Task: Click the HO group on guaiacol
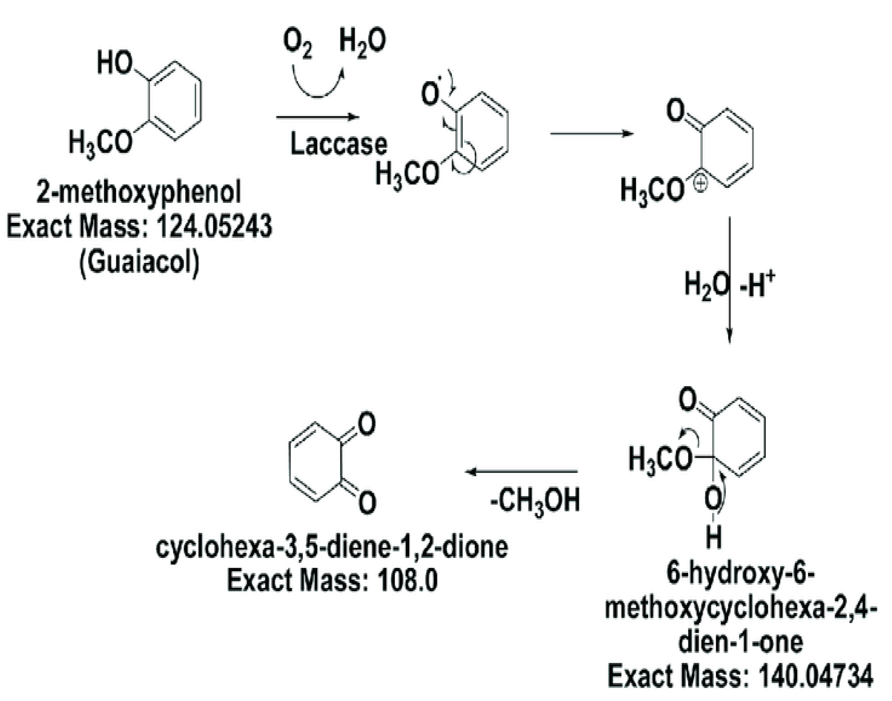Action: click(115, 64)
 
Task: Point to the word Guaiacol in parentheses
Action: click(140, 262)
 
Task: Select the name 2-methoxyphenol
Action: click(139, 192)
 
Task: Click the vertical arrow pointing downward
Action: click(729, 279)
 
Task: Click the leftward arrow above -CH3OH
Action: click(522, 472)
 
